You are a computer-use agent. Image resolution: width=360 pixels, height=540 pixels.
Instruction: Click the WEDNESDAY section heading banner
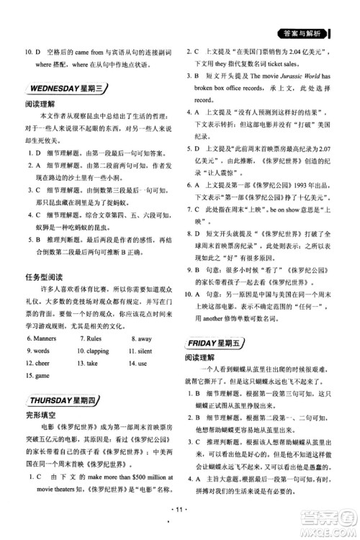[67, 89]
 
